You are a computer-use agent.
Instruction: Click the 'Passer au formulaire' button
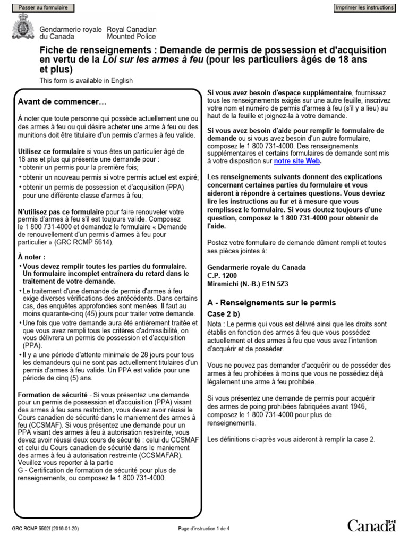coord(43,8)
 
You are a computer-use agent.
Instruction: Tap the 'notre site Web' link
coord(297,161)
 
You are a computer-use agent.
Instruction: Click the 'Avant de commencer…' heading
coord(62,101)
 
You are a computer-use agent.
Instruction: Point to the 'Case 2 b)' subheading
coord(224,314)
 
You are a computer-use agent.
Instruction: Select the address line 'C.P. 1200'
coord(222,276)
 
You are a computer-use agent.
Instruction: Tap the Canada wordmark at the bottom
coord(372,526)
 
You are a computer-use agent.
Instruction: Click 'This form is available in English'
coord(86,81)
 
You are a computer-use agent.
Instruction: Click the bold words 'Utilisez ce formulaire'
coord(52,151)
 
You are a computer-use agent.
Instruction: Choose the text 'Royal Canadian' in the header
coord(132,29)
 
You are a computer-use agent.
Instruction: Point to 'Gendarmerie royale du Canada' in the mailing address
coord(256,267)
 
